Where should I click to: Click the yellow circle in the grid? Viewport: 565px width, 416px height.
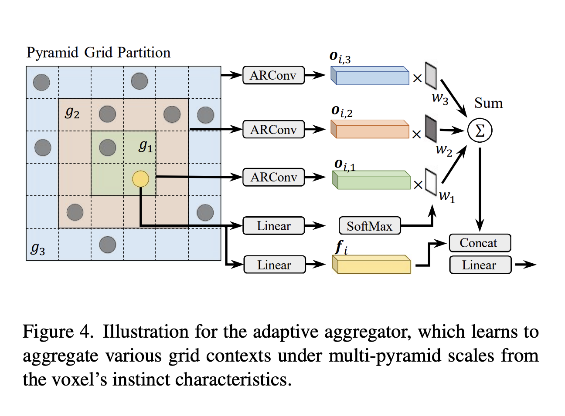(140, 179)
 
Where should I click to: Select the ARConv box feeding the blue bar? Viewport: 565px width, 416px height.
(273, 75)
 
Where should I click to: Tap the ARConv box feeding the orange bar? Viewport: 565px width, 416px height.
(273, 130)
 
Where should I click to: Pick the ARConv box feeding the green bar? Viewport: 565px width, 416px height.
(273, 177)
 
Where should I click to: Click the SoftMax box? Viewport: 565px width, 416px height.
(370, 226)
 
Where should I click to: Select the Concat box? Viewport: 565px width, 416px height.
(480, 243)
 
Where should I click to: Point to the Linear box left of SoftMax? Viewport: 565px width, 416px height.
(273, 226)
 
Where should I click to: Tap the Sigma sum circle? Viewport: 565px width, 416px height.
(480, 131)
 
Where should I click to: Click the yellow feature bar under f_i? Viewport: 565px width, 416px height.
(371, 265)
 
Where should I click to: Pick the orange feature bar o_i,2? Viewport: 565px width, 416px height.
(370, 130)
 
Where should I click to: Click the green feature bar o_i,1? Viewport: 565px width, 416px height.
(371, 180)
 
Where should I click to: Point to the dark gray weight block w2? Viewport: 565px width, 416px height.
(431, 128)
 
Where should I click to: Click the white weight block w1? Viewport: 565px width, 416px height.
(431, 181)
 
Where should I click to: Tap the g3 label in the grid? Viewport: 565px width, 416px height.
(38, 248)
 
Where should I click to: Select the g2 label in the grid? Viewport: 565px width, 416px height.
(72, 113)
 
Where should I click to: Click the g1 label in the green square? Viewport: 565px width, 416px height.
(146, 146)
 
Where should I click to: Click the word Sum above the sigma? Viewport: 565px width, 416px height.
(488, 103)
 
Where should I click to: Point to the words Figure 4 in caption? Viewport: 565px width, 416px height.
(58, 332)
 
